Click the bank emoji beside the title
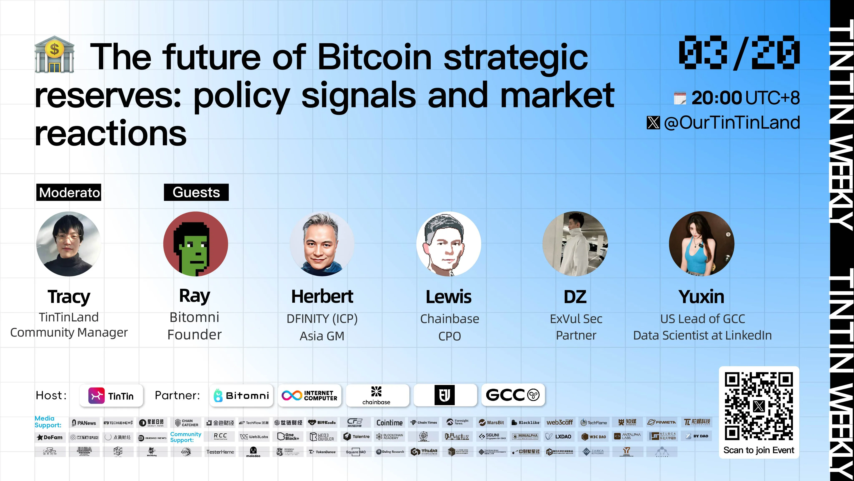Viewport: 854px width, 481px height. [x=54, y=55]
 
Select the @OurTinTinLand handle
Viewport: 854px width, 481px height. [x=732, y=123]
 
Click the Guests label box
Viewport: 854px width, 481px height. [x=196, y=192]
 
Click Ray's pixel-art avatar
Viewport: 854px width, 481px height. [x=196, y=244]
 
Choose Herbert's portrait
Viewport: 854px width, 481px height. [x=322, y=244]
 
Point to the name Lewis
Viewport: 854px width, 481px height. [x=448, y=296]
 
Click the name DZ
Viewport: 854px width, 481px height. [x=575, y=296]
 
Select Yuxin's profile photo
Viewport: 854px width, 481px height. [x=702, y=244]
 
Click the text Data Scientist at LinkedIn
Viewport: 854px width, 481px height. [x=702, y=335]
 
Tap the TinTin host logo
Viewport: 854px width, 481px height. [x=111, y=396]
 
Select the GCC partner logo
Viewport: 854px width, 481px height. [x=512, y=395]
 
